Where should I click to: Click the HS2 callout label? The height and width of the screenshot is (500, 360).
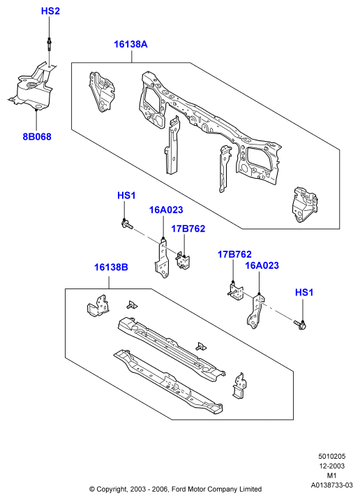click(50, 11)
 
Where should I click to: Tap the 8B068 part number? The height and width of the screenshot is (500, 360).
click(37, 137)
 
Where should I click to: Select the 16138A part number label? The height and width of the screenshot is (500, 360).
click(130, 44)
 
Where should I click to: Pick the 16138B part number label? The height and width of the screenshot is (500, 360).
click(111, 267)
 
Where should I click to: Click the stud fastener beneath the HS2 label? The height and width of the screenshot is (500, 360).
click(50, 44)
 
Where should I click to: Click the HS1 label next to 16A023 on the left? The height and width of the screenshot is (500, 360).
click(126, 196)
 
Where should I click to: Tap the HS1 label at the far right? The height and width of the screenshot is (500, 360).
click(304, 293)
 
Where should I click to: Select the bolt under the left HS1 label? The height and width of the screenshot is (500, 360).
click(127, 224)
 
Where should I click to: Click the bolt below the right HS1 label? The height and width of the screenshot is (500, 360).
click(300, 325)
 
